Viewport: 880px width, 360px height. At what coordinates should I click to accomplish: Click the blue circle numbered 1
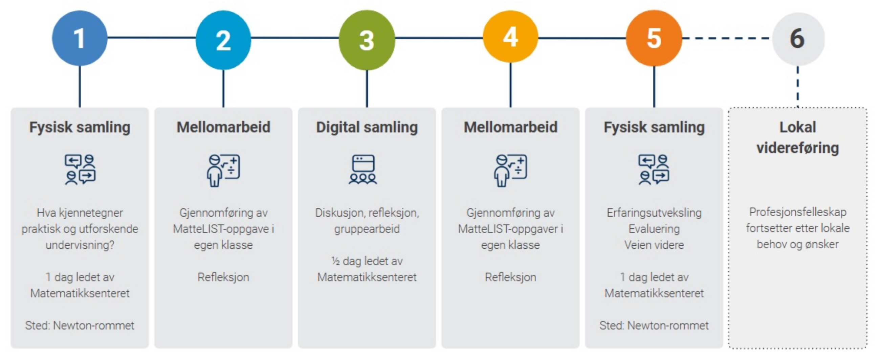click(x=80, y=38)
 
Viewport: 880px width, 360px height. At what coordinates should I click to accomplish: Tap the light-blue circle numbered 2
click(x=223, y=40)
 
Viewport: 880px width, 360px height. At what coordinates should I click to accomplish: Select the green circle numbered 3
click(x=367, y=40)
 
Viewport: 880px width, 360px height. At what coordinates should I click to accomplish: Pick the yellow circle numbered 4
click(x=510, y=36)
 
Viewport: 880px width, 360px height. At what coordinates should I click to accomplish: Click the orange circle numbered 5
click(x=654, y=38)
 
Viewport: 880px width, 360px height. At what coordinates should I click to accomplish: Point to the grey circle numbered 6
click(x=798, y=39)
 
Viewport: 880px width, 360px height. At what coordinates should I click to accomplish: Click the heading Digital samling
click(x=367, y=128)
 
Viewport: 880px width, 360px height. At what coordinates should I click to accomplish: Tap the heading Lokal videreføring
click(x=798, y=137)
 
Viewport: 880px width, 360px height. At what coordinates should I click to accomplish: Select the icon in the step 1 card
click(x=80, y=170)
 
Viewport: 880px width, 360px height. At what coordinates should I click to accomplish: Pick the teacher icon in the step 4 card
click(x=510, y=171)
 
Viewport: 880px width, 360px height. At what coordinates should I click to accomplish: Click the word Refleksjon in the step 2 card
click(x=223, y=277)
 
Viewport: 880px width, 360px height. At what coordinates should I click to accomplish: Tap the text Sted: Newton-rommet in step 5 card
click(x=654, y=325)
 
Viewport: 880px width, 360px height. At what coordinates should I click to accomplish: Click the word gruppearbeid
click(x=367, y=229)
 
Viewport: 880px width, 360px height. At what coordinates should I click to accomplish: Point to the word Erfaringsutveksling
click(x=654, y=213)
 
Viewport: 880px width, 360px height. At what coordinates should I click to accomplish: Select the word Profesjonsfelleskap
click(x=798, y=212)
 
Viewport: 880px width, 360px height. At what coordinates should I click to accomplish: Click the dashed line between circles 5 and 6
click(x=727, y=38)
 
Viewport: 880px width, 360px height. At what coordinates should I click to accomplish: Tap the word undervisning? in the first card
click(x=80, y=245)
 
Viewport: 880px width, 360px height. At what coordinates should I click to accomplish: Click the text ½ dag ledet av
click(x=367, y=261)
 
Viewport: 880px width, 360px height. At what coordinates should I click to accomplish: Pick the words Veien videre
click(x=654, y=245)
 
